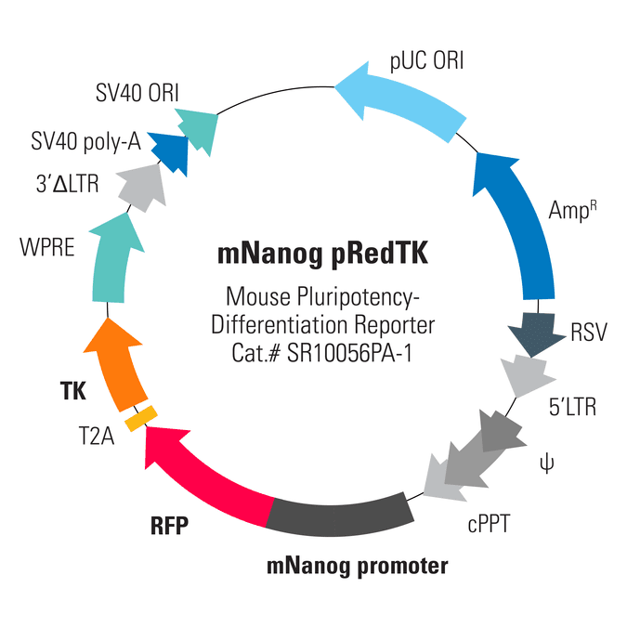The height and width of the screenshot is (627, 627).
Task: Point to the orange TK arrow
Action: pyautogui.click(x=116, y=364)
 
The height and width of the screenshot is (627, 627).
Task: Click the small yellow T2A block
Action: pyautogui.click(x=141, y=418)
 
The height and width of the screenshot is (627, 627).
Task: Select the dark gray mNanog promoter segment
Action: pyautogui.click(x=340, y=516)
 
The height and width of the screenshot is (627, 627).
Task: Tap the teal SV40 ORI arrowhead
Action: pyautogui.click(x=199, y=129)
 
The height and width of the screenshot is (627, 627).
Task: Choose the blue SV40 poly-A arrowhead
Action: pyautogui.click(x=170, y=152)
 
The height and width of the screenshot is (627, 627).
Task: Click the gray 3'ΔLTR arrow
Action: pyautogui.click(x=143, y=187)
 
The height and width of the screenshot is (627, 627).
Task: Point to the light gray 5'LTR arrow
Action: pyautogui.click(x=526, y=375)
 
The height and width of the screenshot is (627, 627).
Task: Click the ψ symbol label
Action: pyautogui.click(x=546, y=464)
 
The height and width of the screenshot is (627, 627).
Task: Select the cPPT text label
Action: pyautogui.click(x=489, y=524)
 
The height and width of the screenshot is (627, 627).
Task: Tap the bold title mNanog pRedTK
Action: pyautogui.click(x=322, y=255)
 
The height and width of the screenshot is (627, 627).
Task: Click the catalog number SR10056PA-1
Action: pyautogui.click(x=349, y=353)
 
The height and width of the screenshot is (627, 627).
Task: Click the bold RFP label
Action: pyautogui.click(x=170, y=526)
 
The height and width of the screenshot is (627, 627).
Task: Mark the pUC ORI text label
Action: pyautogui.click(x=426, y=61)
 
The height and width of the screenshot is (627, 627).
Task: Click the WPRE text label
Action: pyautogui.click(x=47, y=247)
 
